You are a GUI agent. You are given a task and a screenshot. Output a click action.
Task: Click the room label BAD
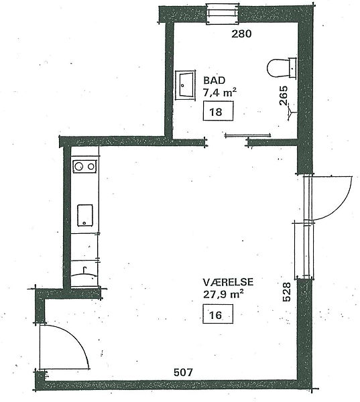point(215,80)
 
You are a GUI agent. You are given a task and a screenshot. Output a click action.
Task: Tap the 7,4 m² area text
point(220,92)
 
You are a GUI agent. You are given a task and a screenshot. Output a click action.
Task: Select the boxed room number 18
point(218,111)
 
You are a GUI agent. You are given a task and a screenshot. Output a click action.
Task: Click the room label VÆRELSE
point(229,282)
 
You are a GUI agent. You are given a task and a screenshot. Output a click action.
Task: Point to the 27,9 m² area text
point(223,294)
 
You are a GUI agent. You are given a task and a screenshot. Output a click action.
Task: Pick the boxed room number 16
point(218,314)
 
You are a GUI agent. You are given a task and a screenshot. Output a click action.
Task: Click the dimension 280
point(241,34)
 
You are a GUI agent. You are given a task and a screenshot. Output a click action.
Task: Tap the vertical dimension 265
point(284,95)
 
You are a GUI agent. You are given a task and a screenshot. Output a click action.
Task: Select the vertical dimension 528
point(286,291)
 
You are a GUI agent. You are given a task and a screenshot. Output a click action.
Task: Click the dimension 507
point(183,373)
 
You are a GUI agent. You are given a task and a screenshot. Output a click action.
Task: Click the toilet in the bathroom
point(282,68)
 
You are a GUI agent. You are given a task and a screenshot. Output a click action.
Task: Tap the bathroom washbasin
point(185,85)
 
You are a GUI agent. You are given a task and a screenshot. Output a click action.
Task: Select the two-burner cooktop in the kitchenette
point(84,166)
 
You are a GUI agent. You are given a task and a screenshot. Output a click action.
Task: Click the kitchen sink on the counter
point(85,215)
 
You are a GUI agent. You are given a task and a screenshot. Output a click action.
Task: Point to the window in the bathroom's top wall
point(223,14)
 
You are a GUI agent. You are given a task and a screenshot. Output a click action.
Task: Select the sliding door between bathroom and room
point(247,135)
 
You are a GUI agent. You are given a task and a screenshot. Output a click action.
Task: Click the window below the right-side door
point(304,249)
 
